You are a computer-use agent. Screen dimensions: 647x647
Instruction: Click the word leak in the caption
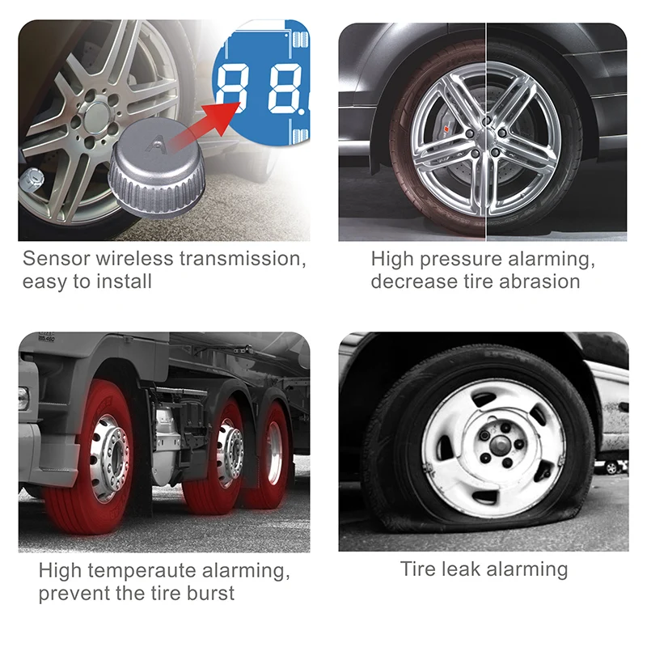[461, 569]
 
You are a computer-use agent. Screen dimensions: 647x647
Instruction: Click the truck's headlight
[23, 398]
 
